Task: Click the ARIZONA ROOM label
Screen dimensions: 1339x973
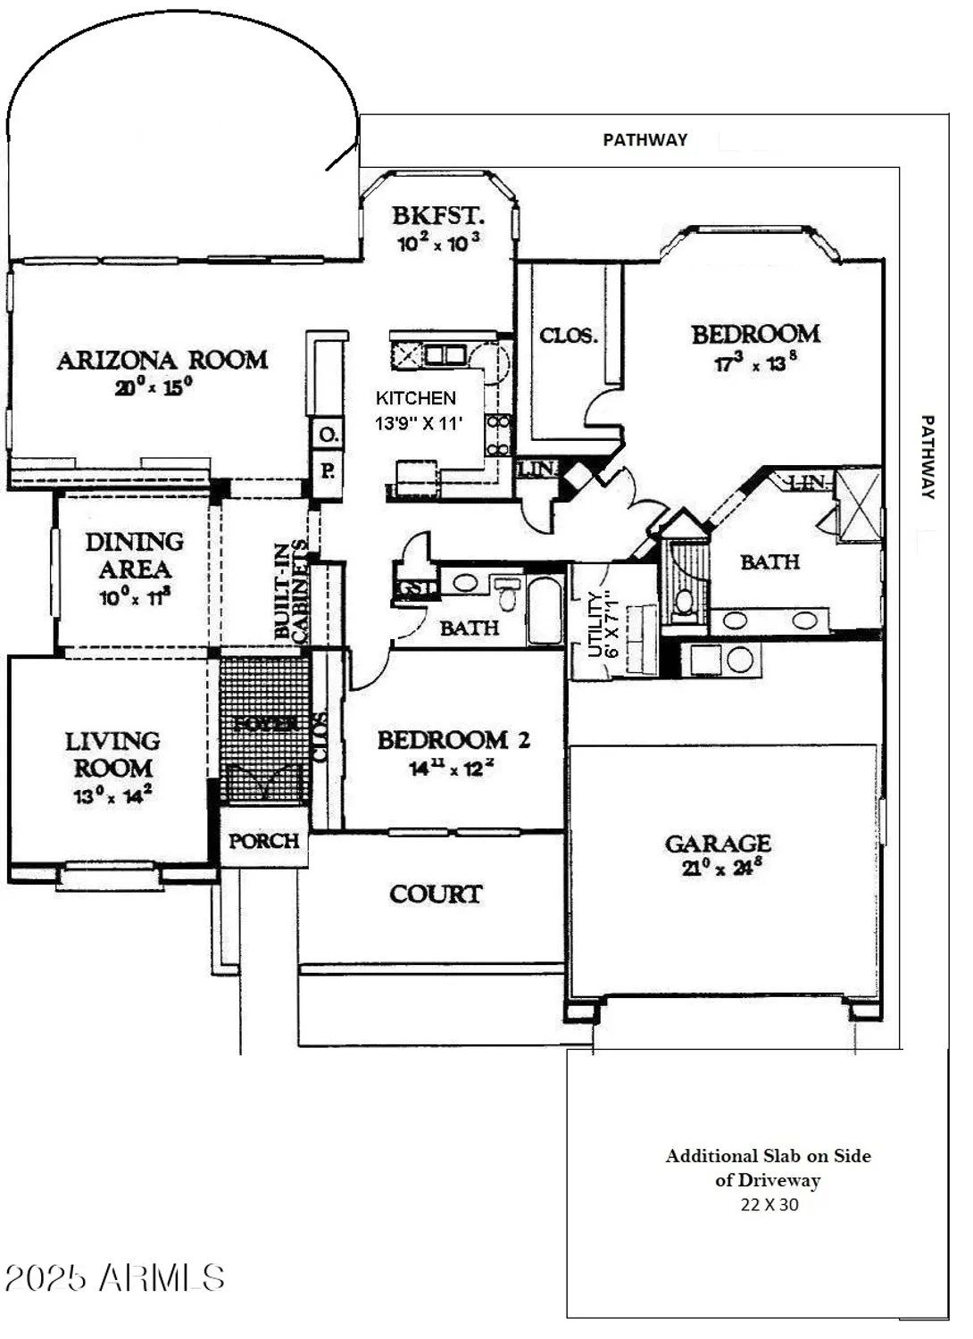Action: (162, 360)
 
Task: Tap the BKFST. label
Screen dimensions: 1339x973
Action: (437, 215)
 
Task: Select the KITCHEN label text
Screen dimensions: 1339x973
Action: (415, 398)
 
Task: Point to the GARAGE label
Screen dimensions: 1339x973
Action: (718, 844)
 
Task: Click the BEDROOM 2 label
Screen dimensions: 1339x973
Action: (453, 740)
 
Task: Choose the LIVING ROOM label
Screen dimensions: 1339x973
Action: (112, 754)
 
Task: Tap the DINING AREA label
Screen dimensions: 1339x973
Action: (135, 555)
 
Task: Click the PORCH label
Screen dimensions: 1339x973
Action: (263, 841)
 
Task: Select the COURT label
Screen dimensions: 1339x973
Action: (436, 894)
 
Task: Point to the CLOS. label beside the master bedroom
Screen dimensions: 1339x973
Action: (568, 336)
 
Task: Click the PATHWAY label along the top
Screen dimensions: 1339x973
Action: (645, 139)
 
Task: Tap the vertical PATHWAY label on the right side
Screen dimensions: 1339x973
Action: (927, 456)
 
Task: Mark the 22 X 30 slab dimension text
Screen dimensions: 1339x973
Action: (769, 1204)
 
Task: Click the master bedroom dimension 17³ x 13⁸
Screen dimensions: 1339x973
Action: (755, 362)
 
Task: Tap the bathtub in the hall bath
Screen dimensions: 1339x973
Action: (545, 611)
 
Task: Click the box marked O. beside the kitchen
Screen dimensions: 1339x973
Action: (328, 436)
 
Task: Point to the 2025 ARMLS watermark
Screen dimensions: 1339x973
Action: (114, 1278)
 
